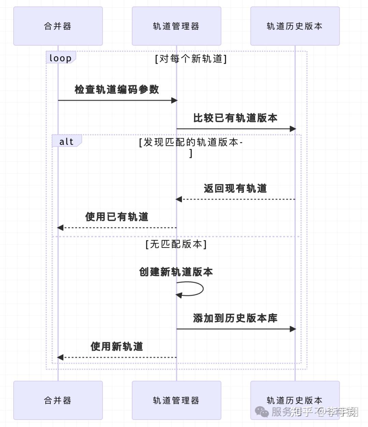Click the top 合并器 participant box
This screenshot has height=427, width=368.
pos(58,26)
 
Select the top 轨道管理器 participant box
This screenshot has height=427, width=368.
pos(176,26)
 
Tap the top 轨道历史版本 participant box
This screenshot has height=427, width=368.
pos(295,26)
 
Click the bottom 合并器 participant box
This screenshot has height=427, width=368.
pos(58,400)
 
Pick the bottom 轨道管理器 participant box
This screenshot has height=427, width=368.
pos(176,400)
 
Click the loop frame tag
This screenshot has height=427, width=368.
pos(61,58)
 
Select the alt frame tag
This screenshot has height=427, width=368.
pos(66,141)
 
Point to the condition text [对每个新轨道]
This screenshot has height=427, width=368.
pos(191,59)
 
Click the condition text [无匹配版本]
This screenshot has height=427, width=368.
pos(176,244)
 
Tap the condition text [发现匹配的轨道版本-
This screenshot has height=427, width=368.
pos(191,142)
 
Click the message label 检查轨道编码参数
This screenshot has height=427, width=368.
pos(117,90)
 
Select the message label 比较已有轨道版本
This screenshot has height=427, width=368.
pos(235,118)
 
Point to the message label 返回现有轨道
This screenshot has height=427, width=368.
pos(235,189)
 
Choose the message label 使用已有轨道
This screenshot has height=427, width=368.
pos(117,217)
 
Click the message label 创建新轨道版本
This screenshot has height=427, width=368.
pos(176,272)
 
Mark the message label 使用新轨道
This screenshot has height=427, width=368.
pos(117,347)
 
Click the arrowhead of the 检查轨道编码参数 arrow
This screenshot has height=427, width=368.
pos(174,100)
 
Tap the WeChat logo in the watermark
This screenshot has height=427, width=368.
pos(262,412)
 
